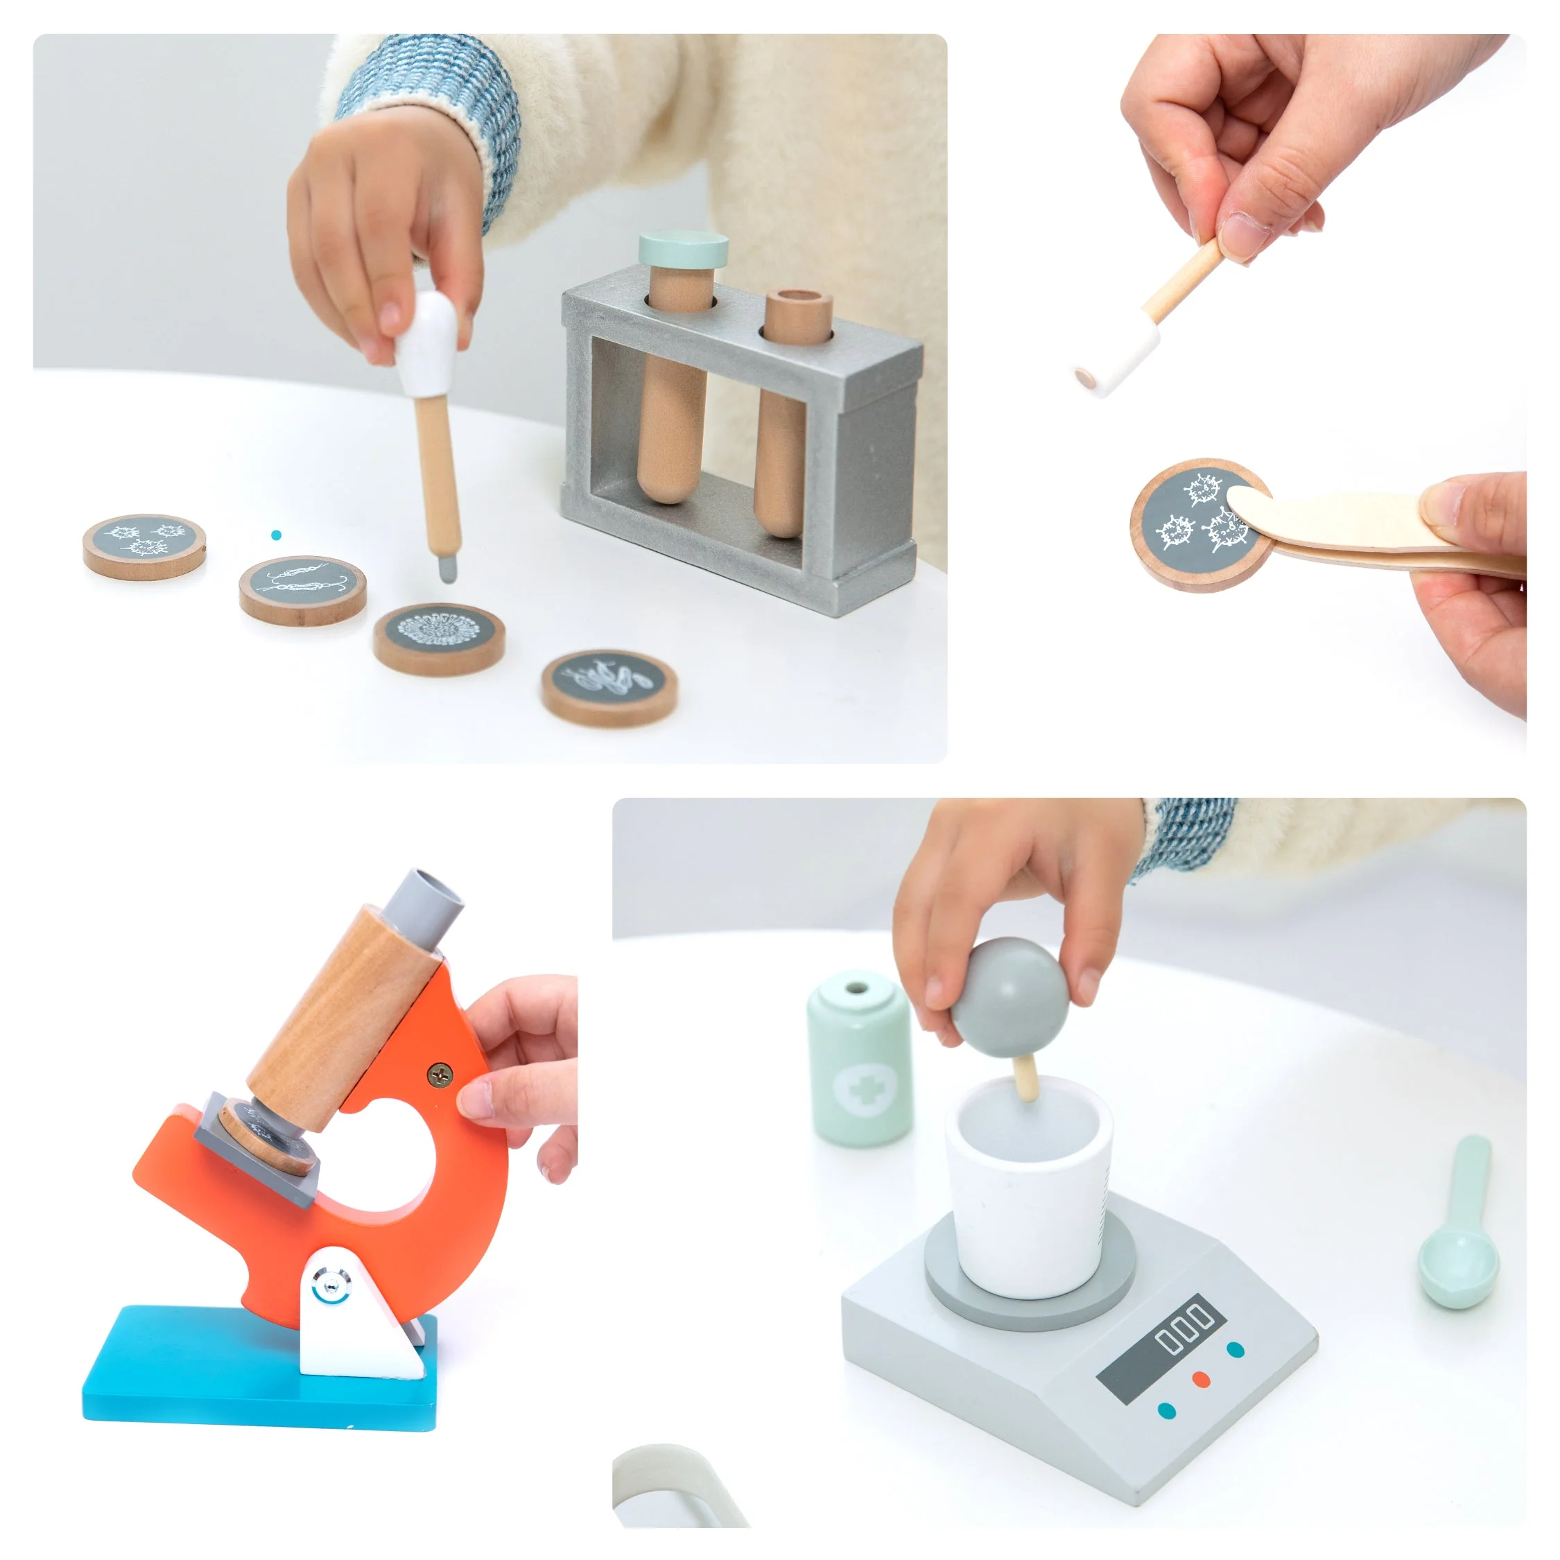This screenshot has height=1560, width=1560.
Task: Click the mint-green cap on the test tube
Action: pyautogui.click(x=683, y=250)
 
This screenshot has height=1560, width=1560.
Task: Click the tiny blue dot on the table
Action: pyautogui.click(x=276, y=535)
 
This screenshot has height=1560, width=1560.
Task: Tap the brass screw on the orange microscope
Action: pyautogui.click(x=440, y=1075)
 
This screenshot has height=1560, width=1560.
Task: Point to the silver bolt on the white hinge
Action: pyautogui.click(x=326, y=1285)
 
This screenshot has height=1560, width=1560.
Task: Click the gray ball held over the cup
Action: pyautogui.click(x=1010, y=996)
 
